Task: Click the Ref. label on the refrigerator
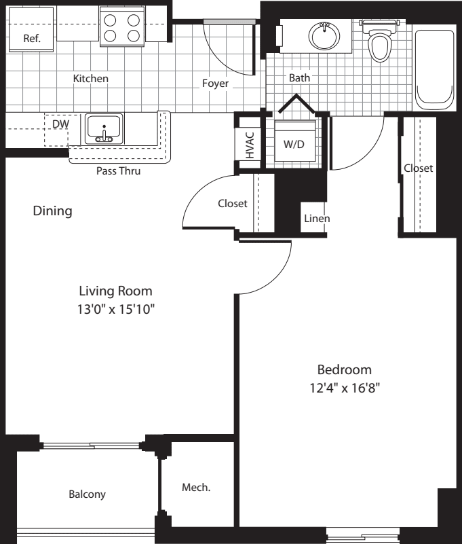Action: pos(32,38)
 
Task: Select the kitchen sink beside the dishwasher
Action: pos(103,128)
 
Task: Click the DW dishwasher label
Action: pos(60,124)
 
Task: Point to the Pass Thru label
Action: pos(118,171)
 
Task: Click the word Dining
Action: pos(52,211)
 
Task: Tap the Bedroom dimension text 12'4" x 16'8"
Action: pos(345,388)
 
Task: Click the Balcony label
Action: pos(87,494)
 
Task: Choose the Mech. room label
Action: pos(196,488)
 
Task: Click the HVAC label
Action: pos(249,144)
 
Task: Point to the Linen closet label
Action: pos(317,219)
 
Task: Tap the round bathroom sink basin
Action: pos(324,33)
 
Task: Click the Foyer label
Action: pos(215,84)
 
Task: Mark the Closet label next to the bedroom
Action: pos(418,168)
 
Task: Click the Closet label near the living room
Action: pos(232,204)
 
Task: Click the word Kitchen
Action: pos(90,79)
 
